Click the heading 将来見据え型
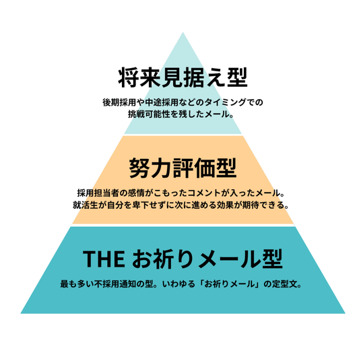(183, 77)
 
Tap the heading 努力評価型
(183, 168)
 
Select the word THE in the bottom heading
(104, 259)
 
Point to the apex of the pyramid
(183, 32)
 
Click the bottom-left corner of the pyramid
(21, 313)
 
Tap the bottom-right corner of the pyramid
(345, 313)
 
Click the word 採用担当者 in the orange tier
(98, 193)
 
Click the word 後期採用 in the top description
(119, 102)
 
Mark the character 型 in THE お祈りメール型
(272, 259)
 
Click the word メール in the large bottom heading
(228, 259)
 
